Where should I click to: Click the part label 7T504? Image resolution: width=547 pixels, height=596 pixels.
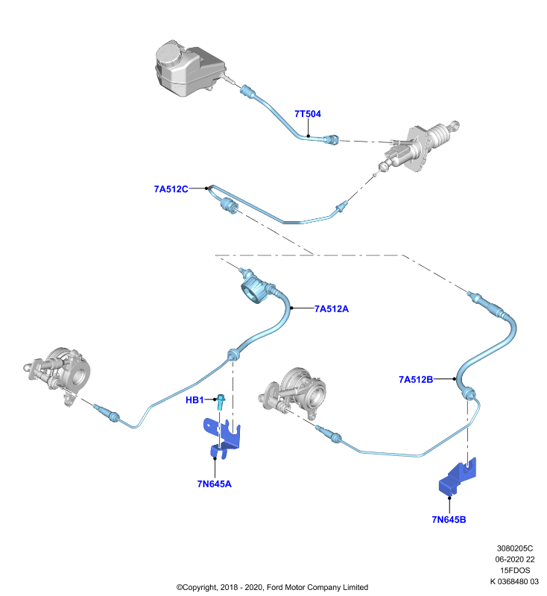pyautogui.click(x=308, y=114)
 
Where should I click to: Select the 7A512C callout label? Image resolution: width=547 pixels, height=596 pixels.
pyautogui.click(x=171, y=189)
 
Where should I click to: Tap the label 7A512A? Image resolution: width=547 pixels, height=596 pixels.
pyautogui.click(x=332, y=308)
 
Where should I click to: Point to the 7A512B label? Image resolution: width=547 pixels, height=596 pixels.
pyautogui.click(x=416, y=379)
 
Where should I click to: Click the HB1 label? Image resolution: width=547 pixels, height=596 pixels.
pyautogui.click(x=195, y=400)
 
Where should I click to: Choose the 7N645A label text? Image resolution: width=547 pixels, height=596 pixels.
pyautogui.click(x=214, y=484)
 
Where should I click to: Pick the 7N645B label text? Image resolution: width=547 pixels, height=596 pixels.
pyautogui.click(x=449, y=519)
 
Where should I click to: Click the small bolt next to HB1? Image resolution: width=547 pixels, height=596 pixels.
pyautogui.click(x=221, y=402)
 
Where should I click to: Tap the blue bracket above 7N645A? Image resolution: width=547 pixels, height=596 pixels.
pyautogui.click(x=222, y=437)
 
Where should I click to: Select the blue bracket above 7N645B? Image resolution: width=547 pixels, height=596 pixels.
pyautogui.click(x=458, y=478)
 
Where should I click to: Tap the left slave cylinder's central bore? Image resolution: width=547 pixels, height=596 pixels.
pyautogui.click(x=78, y=376)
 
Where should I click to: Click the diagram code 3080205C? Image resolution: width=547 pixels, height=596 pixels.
pyautogui.click(x=515, y=548)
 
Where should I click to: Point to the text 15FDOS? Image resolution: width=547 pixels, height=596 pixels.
pyautogui.click(x=515, y=570)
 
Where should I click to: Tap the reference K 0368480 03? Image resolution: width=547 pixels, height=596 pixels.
pyautogui.click(x=514, y=581)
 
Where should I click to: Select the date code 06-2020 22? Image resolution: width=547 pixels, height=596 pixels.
pyautogui.click(x=515, y=559)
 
